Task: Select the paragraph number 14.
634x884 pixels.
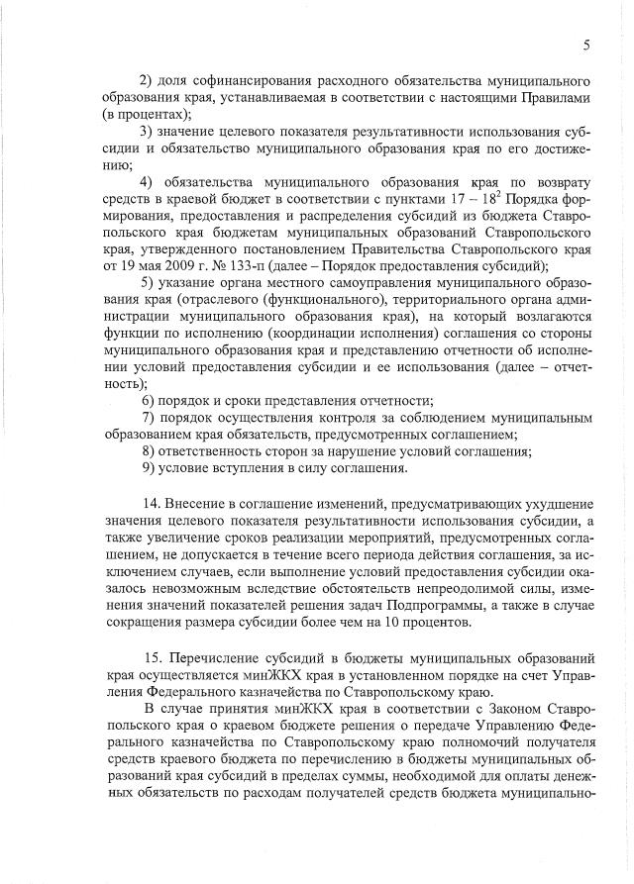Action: [152, 504]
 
